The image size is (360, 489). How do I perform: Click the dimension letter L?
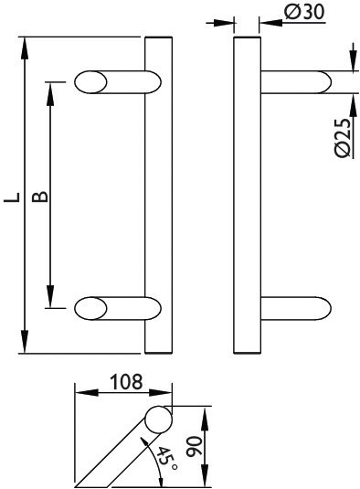(10, 197)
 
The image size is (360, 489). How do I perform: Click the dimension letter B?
(39, 197)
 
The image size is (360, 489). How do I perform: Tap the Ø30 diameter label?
(300, 12)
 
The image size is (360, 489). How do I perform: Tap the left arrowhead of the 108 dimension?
(79, 393)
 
